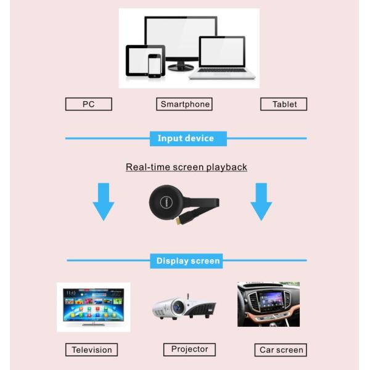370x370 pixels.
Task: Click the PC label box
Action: (x=88, y=104)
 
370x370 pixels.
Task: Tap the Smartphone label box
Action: (x=184, y=104)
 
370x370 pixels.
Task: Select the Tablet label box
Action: (x=284, y=104)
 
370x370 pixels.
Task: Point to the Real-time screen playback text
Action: (x=186, y=167)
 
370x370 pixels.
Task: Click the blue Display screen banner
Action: (x=188, y=261)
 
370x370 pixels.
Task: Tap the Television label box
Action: (x=91, y=350)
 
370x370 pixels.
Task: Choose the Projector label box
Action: (x=189, y=349)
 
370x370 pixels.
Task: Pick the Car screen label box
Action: (x=281, y=350)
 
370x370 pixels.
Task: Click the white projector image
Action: (x=184, y=306)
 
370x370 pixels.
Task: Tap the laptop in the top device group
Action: (x=222, y=58)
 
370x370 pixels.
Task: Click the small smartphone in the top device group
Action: (x=154, y=65)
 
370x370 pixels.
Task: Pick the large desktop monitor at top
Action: (x=180, y=37)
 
